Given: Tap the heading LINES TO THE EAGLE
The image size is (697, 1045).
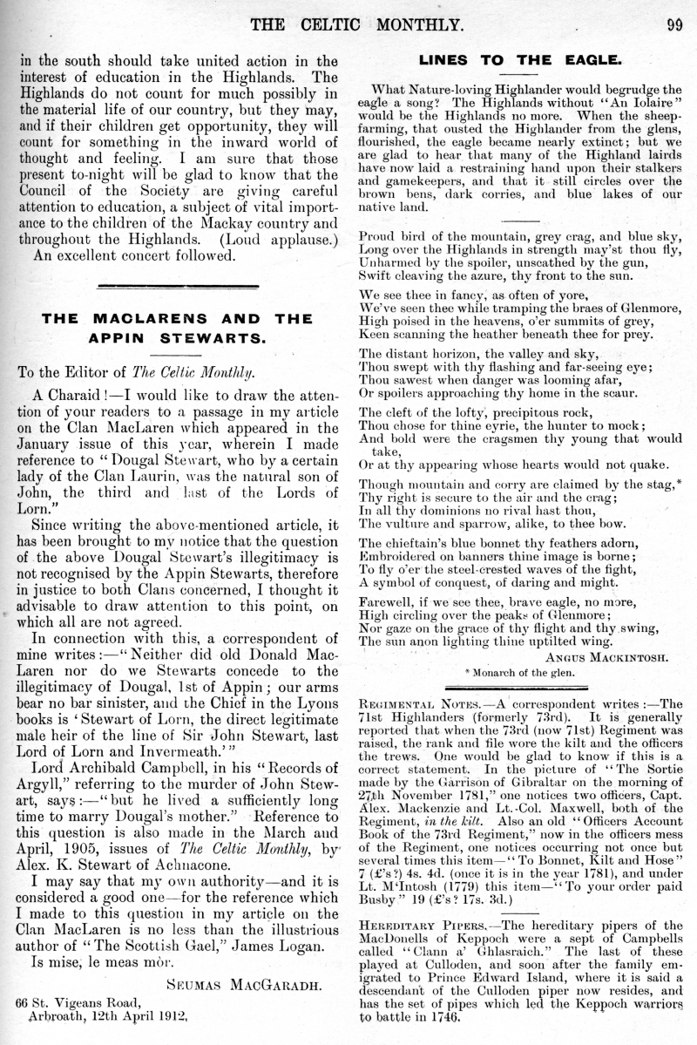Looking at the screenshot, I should click(520, 60).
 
